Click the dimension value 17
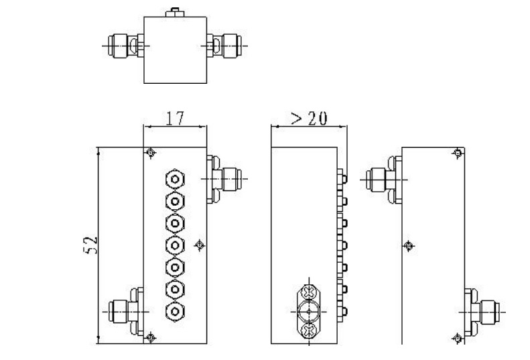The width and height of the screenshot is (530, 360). [176, 119]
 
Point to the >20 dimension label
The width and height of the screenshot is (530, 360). [308, 118]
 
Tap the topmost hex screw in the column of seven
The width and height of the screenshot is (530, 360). [176, 180]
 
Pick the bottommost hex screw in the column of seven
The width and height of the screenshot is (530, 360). [176, 311]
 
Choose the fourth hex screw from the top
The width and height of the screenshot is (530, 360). [176, 245]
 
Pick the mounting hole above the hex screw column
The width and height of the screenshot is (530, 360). [150, 154]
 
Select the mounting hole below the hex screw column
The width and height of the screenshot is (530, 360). [150, 337]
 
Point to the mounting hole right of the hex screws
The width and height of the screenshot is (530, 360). [198, 245]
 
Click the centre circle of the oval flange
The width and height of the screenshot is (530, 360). [309, 311]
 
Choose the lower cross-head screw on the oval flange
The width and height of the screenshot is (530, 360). [309, 329]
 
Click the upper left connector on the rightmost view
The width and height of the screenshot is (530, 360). [379, 178]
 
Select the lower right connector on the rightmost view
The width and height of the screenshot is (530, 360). [482, 311]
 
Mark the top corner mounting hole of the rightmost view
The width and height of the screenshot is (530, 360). [458, 154]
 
